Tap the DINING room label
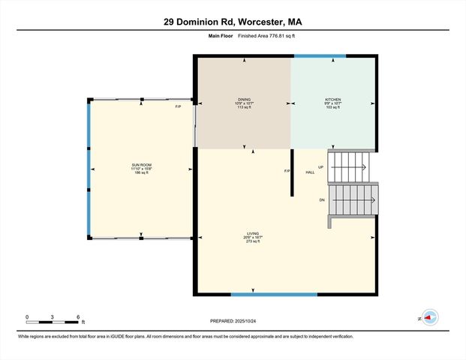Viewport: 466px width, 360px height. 245,99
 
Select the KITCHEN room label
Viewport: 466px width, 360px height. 332,99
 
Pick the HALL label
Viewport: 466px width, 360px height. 309,172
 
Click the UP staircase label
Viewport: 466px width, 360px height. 321,167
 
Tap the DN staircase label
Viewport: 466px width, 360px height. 321,200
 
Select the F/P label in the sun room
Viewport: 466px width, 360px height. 178,106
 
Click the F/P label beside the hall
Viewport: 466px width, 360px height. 287,171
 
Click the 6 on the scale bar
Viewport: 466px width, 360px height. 78,317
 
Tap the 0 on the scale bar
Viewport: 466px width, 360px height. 27,317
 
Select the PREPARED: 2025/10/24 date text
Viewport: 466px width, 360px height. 233,321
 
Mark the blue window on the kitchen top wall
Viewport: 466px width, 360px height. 320,55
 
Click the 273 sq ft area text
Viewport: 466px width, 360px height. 252,241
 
